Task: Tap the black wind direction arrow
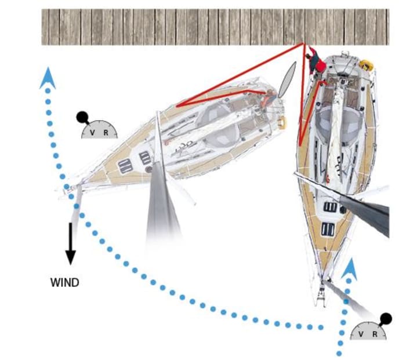click(x=70, y=243)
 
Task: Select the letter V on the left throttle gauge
click(x=92, y=133)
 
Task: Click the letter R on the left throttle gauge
click(x=106, y=133)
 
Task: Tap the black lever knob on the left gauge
click(x=82, y=117)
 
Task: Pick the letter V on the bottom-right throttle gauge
click(x=361, y=334)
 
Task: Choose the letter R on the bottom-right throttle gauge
click(x=375, y=334)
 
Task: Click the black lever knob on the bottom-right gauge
click(x=386, y=318)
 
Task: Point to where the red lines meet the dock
click(x=303, y=44)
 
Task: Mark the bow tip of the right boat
click(x=320, y=301)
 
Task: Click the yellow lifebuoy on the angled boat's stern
click(x=282, y=122)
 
